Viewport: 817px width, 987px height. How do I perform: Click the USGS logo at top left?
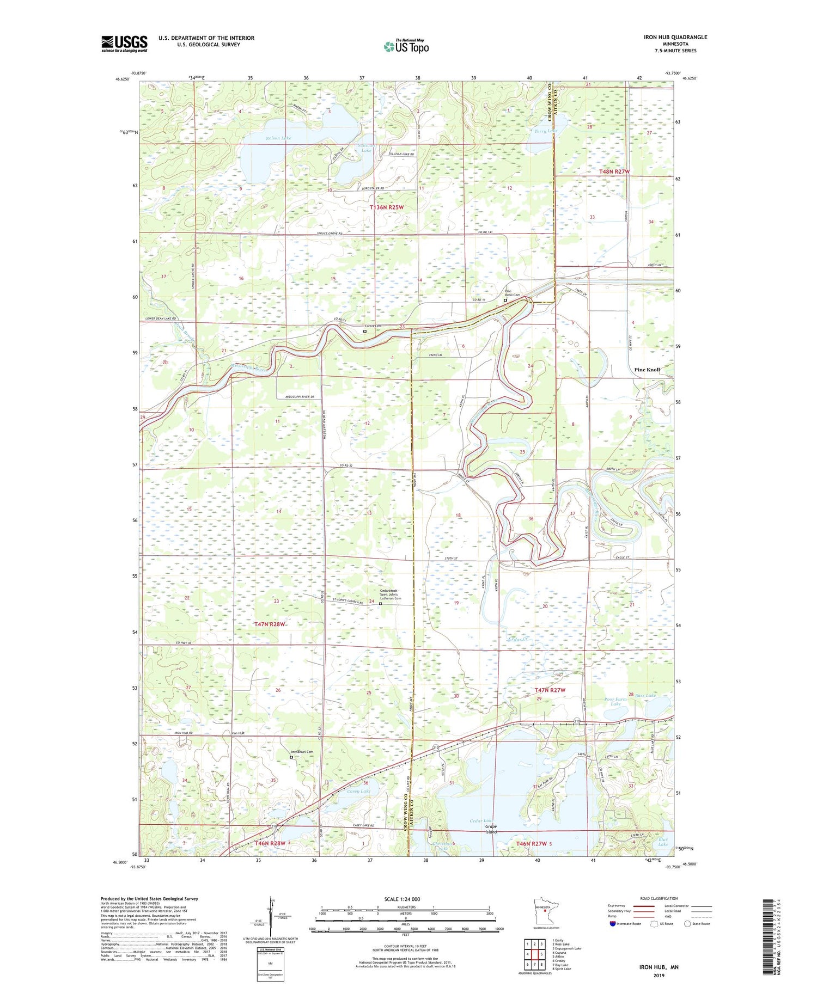(124, 44)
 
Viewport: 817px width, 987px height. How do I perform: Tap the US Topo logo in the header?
(406, 46)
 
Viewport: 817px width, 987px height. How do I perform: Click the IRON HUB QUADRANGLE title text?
(675, 37)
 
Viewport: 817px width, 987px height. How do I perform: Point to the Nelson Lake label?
(278, 138)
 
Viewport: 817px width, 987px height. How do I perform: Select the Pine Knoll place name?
(647, 370)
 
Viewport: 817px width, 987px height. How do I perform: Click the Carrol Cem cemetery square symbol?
(365, 331)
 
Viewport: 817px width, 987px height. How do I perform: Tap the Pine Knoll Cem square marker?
(505, 300)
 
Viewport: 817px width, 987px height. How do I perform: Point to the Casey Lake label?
(358, 791)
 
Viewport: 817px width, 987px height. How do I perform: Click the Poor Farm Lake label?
(615, 701)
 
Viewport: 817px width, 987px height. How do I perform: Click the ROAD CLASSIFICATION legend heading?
(659, 898)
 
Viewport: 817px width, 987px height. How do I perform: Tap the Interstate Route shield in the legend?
(613, 924)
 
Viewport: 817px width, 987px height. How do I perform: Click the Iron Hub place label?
(237, 733)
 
